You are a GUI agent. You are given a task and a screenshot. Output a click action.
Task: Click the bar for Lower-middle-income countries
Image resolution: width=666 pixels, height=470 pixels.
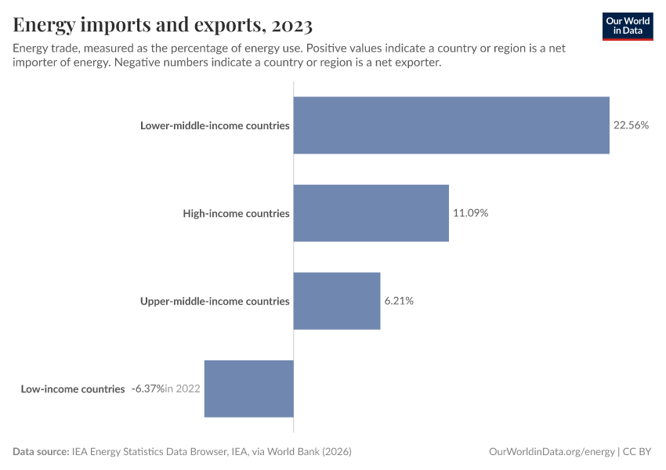(451, 125)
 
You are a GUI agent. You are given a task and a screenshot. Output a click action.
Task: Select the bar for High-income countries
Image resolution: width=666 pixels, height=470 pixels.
(371, 213)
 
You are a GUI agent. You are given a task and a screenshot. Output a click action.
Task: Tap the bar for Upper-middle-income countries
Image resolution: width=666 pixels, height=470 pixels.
(337, 301)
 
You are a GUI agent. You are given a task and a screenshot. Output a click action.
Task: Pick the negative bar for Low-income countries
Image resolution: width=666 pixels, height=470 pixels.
(248, 389)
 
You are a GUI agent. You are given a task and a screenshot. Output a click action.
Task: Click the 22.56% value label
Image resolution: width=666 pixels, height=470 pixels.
(631, 125)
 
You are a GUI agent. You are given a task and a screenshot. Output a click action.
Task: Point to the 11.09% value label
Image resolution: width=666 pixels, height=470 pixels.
(470, 213)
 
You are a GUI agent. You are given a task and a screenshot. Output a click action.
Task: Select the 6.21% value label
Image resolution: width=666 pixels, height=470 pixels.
(399, 301)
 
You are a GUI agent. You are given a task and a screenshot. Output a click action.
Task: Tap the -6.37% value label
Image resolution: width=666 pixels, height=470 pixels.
(147, 389)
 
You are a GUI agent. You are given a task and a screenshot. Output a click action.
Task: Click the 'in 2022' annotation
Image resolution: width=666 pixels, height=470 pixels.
(183, 389)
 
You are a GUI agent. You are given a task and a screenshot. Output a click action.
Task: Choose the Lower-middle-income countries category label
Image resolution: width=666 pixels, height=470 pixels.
(215, 125)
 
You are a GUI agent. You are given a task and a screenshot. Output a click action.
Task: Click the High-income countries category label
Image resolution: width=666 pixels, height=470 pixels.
(236, 213)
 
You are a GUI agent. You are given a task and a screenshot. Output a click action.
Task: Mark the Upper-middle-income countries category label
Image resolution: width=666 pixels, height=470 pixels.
(215, 301)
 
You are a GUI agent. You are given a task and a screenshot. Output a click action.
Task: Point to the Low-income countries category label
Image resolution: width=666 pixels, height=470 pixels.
(73, 389)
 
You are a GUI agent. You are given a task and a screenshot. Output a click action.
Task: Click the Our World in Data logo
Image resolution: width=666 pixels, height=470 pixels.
(628, 27)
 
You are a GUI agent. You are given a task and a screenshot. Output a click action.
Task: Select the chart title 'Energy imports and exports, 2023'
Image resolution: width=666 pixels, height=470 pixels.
(163, 26)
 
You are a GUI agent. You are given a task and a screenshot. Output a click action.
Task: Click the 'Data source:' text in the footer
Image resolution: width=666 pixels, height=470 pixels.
(41, 452)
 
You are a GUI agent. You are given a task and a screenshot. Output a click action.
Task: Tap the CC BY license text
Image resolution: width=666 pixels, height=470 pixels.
(639, 452)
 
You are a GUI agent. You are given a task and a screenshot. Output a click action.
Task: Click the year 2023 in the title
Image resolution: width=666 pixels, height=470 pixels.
(289, 26)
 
